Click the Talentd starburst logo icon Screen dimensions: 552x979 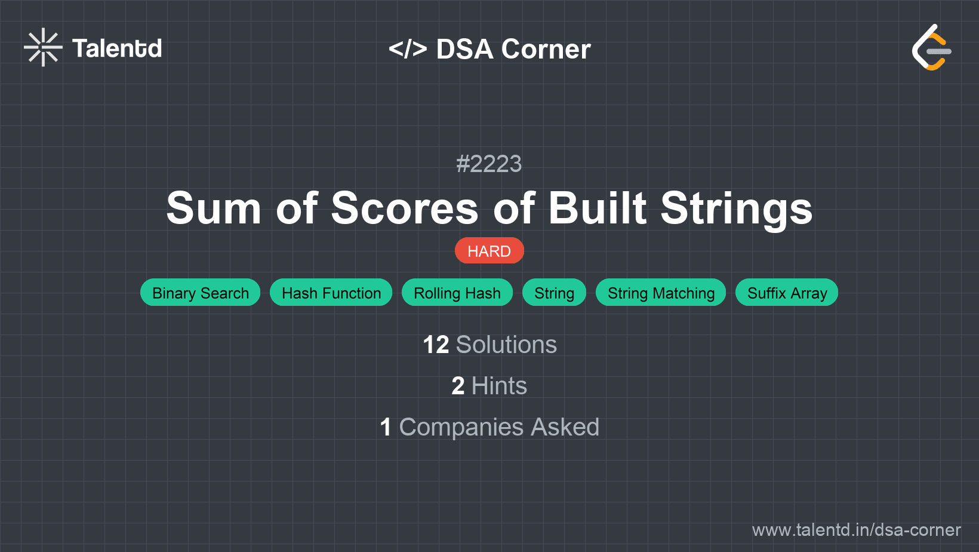tap(43, 47)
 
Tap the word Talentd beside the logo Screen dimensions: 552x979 tap(117, 48)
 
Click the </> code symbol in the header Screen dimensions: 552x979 tap(408, 49)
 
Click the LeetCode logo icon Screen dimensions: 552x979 tap(931, 47)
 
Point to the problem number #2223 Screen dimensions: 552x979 tap(489, 164)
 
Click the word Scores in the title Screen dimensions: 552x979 tap(405, 208)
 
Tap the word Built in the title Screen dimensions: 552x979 tap(597, 208)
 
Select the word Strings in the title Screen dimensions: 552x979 tap(736, 209)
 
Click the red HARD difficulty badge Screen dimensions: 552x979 tap(489, 251)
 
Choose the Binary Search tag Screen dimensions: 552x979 tap(200, 293)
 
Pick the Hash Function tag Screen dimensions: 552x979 tap(331, 293)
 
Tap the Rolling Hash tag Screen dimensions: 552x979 tap(457, 293)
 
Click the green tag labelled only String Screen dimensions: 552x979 tap(554, 293)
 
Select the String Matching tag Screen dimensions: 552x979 tap(660, 293)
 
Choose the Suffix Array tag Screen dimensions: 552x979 tap(786, 293)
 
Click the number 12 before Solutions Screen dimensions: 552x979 tap(436, 345)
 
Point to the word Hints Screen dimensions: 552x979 tap(499, 386)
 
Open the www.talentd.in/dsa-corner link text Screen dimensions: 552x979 tap(856, 530)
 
